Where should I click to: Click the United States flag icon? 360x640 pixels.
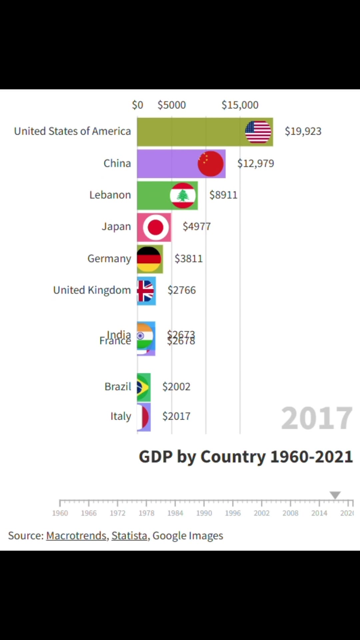pyautogui.click(x=258, y=132)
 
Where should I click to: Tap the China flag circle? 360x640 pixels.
pyautogui.click(x=210, y=164)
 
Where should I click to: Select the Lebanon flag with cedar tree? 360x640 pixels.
pyautogui.click(x=183, y=196)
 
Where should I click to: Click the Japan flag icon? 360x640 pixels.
pyautogui.click(x=155, y=227)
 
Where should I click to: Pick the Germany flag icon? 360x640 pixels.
pyautogui.click(x=149, y=259)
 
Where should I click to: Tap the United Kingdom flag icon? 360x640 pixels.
pyautogui.click(x=145, y=291)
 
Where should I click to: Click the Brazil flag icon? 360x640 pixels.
pyautogui.click(x=143, y=387)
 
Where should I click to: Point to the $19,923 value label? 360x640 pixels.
pyautogui.click(x=303, y=131)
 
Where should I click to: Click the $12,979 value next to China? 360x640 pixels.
pyautogui.click(x=256, y=163)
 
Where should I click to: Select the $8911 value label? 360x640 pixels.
pyautogui.click(x=223, y=195)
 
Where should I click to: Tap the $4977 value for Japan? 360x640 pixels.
pyautogui.click(x=197, y=227)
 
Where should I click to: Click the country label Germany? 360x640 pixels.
pyautogui.click(x=109, y=259)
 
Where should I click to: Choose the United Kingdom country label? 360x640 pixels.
pyautogui.click(x=92, y=290)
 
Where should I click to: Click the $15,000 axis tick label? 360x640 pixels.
pyautogui.click(x=240, y=105)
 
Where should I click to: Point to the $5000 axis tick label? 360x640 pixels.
pyautogui.click(x=172, y=105)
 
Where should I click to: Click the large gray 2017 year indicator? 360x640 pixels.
pyautogui.click(x=317, y=418)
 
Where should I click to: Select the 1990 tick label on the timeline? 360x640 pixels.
pyautogui.click(x=204, y=513)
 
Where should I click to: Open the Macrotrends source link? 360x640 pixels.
pyautogui.click(x=76, y=536)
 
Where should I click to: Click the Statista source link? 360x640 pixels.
pyautogui.click(x=129, y=536)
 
